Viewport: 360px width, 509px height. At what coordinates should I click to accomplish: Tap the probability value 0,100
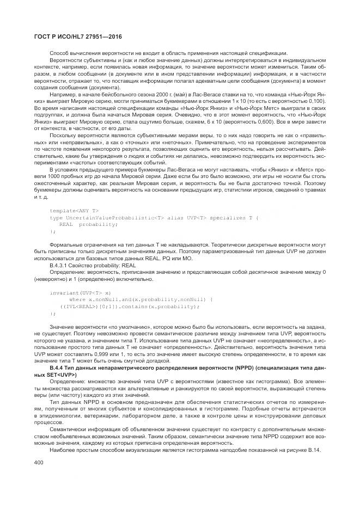click(315, 101)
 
